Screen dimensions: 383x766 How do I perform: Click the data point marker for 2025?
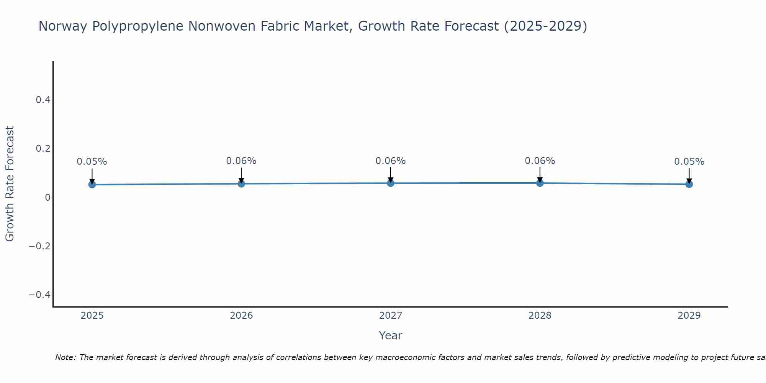[x=92, y=185]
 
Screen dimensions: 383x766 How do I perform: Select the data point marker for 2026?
[x=241, y=184]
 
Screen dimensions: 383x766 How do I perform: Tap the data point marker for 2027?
[x=391, y=183]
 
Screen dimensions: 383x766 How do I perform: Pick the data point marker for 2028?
[x=540, y=183]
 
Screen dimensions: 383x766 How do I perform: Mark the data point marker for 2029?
[x=689, y=184]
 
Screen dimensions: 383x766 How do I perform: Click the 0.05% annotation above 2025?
[x=92, y=162]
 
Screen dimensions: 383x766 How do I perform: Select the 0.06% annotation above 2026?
[x=241, y=161]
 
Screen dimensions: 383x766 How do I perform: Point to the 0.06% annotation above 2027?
[x=391, y=161]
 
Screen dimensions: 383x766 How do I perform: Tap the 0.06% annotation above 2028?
[x=540, y=161]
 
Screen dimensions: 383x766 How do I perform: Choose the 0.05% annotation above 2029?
[x=689, y=162]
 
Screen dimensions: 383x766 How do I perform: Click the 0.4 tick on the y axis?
[x=43, y=100]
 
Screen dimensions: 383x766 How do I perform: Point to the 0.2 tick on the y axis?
[x=43, y=149]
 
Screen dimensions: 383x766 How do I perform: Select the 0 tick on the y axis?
[x=47, y=197]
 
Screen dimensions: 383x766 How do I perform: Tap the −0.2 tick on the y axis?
[x=40, y=246]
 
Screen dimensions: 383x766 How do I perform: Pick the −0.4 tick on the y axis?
[x=40, y=295]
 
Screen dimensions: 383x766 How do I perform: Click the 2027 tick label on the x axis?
[x=391, y=316]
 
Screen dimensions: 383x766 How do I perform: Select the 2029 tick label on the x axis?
[x=689, y=316]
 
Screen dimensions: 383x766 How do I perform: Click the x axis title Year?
[x=391, y=336]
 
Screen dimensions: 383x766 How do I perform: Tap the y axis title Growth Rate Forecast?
[x=10, y=184]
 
